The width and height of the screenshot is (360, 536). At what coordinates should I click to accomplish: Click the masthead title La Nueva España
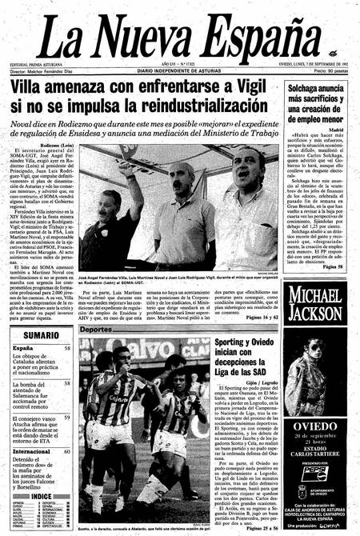coord(179,36)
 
